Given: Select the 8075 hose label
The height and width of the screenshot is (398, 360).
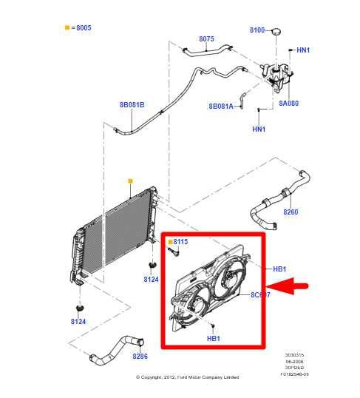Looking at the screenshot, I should [206, 39].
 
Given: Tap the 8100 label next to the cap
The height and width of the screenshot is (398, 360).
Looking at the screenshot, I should [257, 30].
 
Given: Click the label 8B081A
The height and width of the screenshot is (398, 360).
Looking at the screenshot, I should [220, 107].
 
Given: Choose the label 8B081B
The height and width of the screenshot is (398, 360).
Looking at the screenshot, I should [132, 105].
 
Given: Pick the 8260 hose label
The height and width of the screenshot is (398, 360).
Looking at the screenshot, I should [291, 212].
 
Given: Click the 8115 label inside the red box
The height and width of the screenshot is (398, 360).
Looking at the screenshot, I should [180, 241].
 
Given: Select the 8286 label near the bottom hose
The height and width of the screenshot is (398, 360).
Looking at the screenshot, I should [140, 357].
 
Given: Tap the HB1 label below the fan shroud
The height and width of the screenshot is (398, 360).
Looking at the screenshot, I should [213, 338].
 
